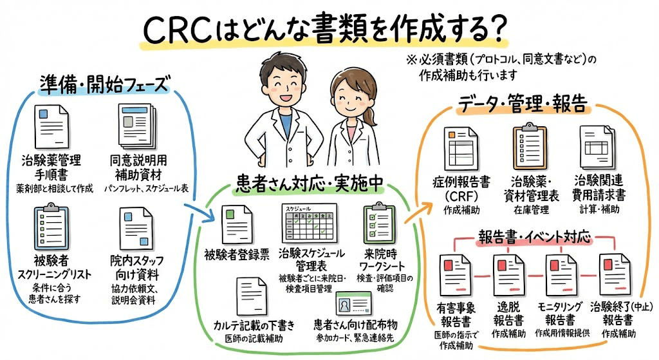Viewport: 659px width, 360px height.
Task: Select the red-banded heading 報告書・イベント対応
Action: (x=534, y=236)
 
